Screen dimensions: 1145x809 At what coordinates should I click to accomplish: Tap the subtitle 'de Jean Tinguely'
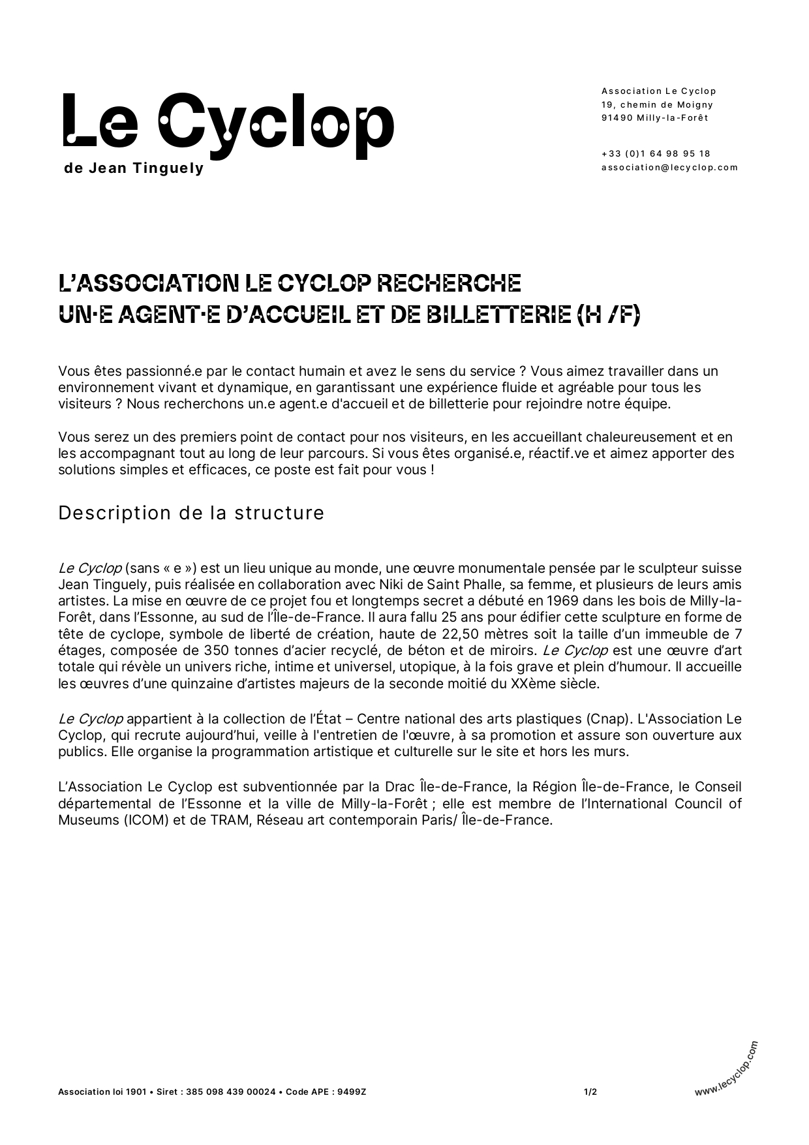tap(134, 168)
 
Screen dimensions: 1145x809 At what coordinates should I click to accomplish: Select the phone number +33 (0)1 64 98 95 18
tap(656, 154)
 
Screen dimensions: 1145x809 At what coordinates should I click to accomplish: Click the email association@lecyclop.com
tap(669, 167)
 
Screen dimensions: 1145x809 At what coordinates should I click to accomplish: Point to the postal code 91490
tap(613, 118)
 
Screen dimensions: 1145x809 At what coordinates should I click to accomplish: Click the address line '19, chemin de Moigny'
tap(657, 105)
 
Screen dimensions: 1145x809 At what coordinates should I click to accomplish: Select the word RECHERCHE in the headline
tap(450, 283)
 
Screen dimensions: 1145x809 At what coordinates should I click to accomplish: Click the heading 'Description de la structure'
tap(191, 513)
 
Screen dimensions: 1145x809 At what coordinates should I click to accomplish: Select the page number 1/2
tap(590, 1092)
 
